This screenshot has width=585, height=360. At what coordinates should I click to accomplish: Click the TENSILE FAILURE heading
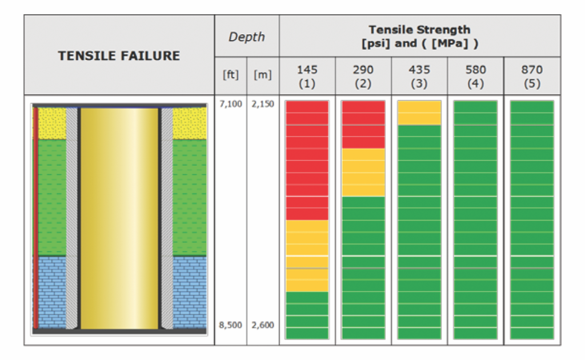point(119,55)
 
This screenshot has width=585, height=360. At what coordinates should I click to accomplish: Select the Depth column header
point(246,37)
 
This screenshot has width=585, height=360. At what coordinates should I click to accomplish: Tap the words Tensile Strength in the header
point(419,29)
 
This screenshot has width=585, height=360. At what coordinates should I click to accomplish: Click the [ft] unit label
point(230,75)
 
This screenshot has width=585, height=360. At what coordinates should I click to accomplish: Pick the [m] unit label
point(263,75)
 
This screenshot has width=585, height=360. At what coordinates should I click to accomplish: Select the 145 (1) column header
point(307,75)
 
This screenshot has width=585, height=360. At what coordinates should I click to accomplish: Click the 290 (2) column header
point(363,75)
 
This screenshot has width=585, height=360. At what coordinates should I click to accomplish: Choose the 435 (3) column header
point(419,75)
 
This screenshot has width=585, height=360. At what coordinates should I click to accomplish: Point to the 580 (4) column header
point(475,75)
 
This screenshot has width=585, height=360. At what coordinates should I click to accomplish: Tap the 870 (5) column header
point(532,75)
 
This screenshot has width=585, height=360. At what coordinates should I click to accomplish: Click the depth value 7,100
point(230,105)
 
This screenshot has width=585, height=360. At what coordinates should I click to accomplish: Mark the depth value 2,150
point(263,105)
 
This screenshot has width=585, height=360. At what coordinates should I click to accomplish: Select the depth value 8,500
point(230,325)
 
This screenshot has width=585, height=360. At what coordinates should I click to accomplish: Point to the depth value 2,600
point(263,325)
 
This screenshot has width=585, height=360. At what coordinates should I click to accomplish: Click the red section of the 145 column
point(307,160)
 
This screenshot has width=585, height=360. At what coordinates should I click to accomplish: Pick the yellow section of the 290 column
point(363,172)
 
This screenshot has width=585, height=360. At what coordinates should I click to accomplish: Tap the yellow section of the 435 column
point(419,113)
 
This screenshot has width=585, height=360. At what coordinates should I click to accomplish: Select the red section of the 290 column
point(363,125)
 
